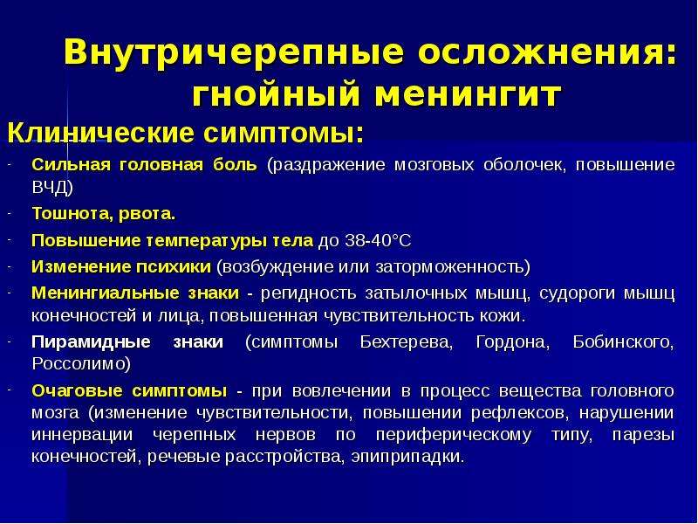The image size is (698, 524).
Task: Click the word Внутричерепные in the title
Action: coord(234,52)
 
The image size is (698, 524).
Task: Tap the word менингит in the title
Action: coord(468,94)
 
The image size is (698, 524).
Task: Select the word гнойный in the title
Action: coord(276,94)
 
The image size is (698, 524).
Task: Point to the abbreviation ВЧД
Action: coord(52,187)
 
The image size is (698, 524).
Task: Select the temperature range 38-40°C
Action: coord(378,241)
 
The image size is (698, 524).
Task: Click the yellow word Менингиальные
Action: coord(105,293)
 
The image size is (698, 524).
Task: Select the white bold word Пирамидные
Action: coord(91,342)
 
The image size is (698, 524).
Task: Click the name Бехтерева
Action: coord(407,342)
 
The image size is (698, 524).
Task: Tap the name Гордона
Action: coord(513,342)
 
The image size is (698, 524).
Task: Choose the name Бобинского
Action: coord(623,342)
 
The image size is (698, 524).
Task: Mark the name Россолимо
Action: coord(81,364)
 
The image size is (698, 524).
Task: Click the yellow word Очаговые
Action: coord(73,390)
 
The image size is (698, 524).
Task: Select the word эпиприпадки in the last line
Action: coord(407,457)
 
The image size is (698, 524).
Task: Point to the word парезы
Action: coord(643,434)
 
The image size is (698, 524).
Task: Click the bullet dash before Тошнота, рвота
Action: coord(9,214)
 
